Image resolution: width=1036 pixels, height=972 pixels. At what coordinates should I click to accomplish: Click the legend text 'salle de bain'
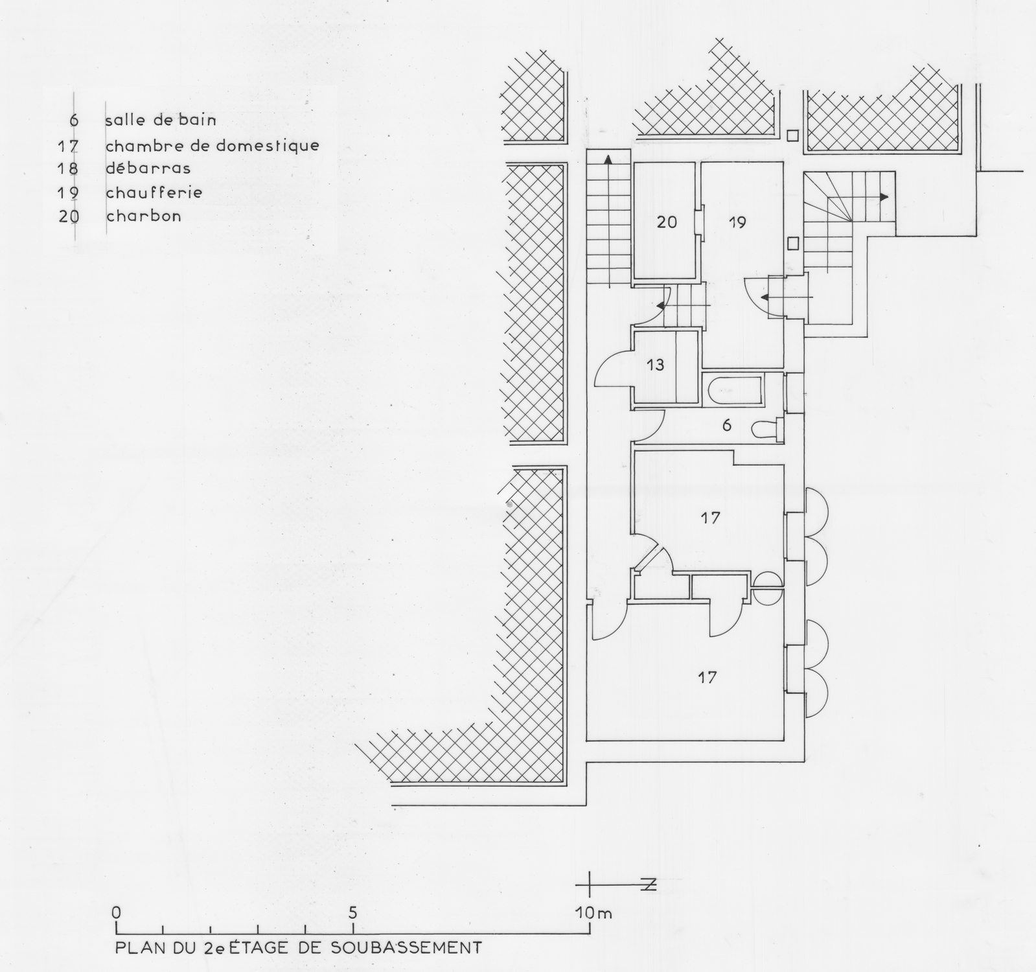tap(161, 121)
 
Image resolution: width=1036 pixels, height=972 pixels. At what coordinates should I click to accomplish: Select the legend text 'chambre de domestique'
tap(213, 145)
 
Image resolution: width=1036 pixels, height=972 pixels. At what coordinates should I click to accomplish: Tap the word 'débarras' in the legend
tap(148, 168)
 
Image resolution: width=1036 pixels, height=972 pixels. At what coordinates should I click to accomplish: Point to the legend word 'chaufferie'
tap(154, 192)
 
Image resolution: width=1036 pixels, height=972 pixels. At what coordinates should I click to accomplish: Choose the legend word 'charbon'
tap(143, 216)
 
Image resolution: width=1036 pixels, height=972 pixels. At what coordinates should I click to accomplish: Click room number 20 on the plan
tap(667, 222)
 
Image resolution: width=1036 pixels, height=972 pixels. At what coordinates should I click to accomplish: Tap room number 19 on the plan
tap(737, 222)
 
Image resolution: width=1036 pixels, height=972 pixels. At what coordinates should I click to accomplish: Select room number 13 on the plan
tap(656, 365)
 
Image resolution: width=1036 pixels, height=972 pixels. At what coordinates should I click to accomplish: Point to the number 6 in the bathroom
tap(726, 425)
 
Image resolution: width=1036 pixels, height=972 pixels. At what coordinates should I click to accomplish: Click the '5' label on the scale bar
tap(353, 912)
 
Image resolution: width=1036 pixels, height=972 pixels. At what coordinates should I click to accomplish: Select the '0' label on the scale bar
tap(117, 912)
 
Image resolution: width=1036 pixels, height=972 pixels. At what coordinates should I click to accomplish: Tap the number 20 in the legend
tap(69, 216)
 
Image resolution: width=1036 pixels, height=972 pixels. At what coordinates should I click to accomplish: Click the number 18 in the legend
tap(69, 168)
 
